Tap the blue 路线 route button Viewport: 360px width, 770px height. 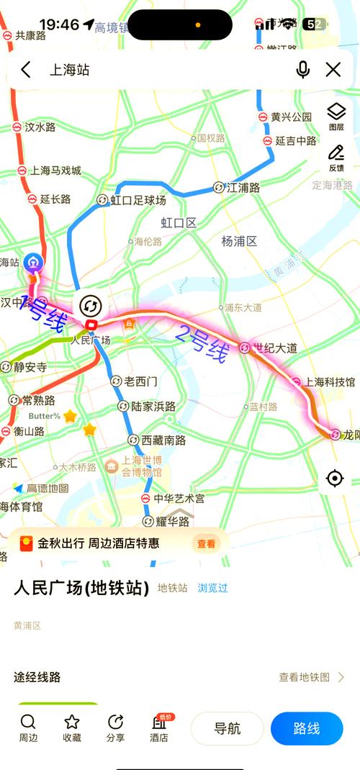(x=307, y=728)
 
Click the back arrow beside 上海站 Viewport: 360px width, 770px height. (x=26, y=70)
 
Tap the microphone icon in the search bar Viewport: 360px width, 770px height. (x=303, y=70)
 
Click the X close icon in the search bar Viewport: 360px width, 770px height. (x=333, y=70)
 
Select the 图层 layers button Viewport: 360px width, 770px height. (x=336, y=116)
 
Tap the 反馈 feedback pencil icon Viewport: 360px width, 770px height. (x=336, y=158)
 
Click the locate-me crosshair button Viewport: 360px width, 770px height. (x=335, y=479)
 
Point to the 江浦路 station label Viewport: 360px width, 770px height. (x=243, y=187)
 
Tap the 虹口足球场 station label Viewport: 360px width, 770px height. (x=138, y=200)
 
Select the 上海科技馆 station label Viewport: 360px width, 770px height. (x=330, y=381)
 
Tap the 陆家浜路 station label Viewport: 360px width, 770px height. (x=153, y=407)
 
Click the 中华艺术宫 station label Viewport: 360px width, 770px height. (x=179, y=498)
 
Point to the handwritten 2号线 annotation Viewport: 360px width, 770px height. (x=202, y=343)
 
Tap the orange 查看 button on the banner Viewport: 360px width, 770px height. (x=206, y=544)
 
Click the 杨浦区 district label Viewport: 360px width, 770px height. (x=239, y=241)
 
